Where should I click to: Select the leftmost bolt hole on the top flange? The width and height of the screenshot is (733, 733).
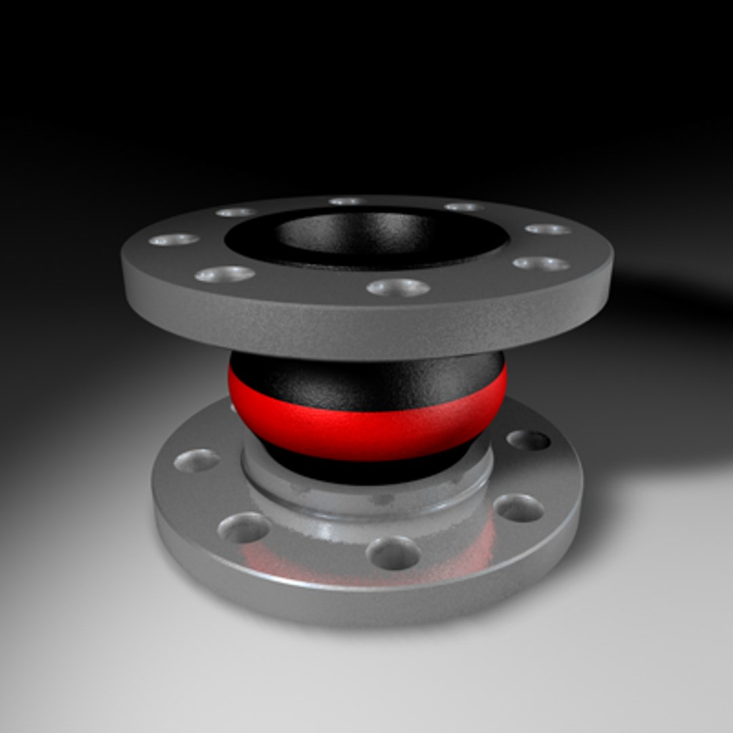coord(174,240)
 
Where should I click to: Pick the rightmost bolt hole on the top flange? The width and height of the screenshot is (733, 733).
coord(548,229)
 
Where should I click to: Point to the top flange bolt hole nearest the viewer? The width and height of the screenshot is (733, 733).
coord(398,288)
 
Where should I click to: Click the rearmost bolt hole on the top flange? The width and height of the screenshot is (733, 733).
coord(347,202)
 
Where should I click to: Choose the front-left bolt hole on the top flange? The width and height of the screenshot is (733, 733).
coord(225,274)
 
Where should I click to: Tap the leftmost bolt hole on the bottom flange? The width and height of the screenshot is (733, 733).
coord(197,461)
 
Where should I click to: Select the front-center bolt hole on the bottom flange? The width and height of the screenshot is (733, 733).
coord(393,552)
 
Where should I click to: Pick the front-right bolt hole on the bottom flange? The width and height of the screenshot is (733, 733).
coord(518,508)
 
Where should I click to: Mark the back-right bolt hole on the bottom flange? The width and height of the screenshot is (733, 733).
coord(528,440)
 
